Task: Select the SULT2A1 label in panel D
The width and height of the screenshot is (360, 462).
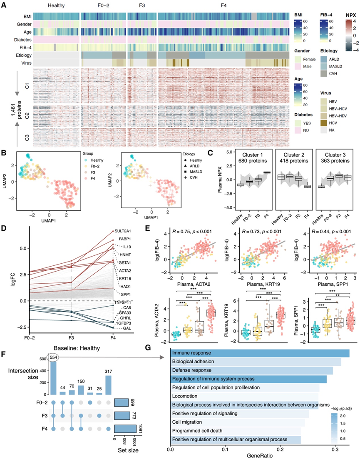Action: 124,231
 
